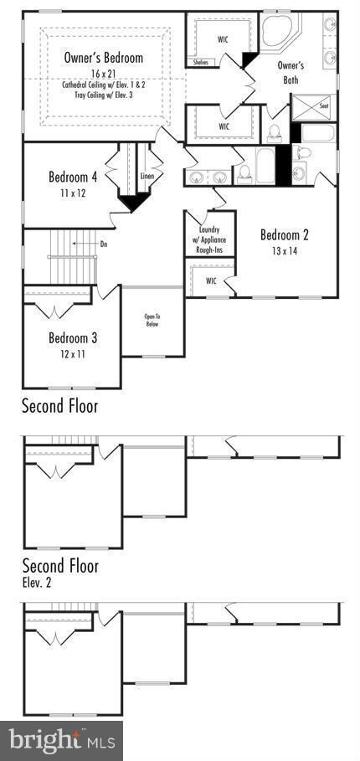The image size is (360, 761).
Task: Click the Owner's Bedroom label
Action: click(x=104, y=58)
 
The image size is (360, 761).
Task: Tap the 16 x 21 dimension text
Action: click(x=104, y=74)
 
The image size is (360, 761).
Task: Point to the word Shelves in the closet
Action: click(x=201, y=62)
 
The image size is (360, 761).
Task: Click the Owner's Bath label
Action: click(x=291, y=73)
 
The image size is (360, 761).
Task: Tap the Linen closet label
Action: click(x=148, y=177)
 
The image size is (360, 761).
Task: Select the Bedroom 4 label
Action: click(x=73, y=177)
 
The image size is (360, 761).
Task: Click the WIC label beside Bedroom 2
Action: click(x=212, y=280)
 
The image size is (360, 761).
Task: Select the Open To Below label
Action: click(x=152, y=321)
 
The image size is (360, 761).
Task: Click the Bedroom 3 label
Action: click(x=72, y=338)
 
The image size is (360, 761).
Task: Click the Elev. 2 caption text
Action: click(x=36, y=582)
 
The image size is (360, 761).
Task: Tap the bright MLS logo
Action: click(x=61, y=740)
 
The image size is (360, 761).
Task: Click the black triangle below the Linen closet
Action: click(x=131, y=203)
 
